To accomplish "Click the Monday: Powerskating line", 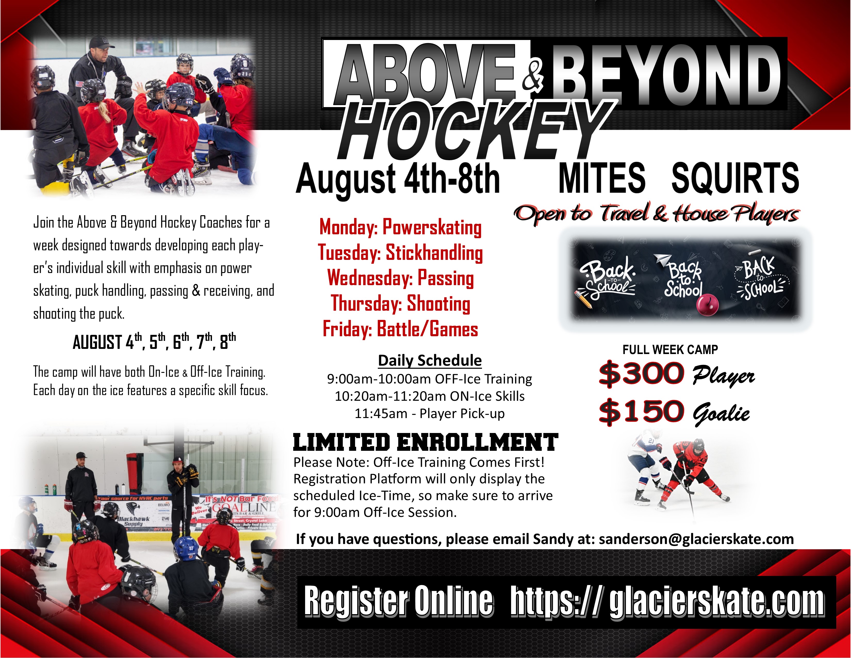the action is tap(400, 227).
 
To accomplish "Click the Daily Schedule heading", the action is tap(430, 360).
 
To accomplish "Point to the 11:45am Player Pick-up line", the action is tap(429, 413).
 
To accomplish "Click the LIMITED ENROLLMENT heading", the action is tap(425, 443).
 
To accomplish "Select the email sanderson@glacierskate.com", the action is tap(696, 539).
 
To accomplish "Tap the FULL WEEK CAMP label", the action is tap(670, 350).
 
